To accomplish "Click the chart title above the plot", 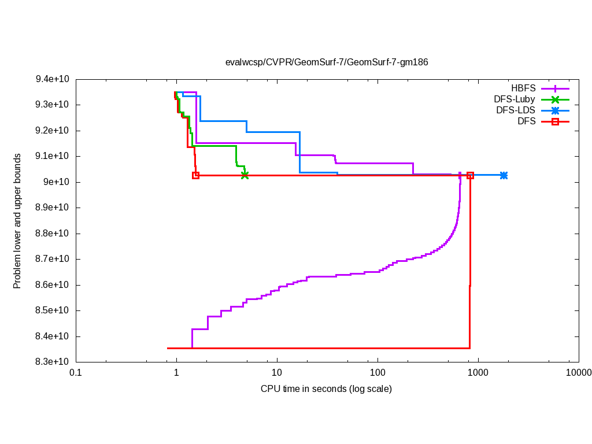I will (x=327, y=62).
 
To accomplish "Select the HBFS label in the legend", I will (x=523, y=88).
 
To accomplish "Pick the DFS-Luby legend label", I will (x=515, y=99).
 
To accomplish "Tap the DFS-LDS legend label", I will (x=516, y=110).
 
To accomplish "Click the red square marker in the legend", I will (x=555, y=121).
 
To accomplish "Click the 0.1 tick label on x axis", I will (x=75, y=373).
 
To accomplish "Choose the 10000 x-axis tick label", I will (x=578, y=373).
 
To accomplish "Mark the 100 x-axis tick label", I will (x=378, y=373).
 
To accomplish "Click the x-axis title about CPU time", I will (x=326, y=388).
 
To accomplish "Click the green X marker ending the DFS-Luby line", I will (x=245, y=175).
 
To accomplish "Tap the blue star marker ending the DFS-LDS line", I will (x=504, y=175).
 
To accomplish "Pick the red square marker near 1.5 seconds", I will (x=196, y=175).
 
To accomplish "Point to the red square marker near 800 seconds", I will (x=471, y=175).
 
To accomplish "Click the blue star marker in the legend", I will (x=555, y=110).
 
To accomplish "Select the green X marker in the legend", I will (x=555, y=99).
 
